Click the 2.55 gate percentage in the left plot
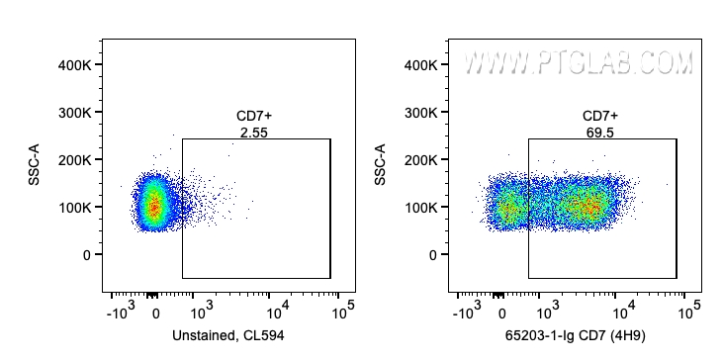(253, 132)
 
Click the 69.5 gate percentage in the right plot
(599, 132)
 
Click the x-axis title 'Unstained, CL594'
(228, 336)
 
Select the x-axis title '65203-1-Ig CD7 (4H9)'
(576, 336)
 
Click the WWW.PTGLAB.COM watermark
(579, 63)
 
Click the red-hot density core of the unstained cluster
(153, 207)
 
